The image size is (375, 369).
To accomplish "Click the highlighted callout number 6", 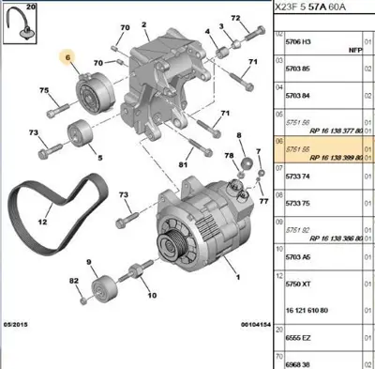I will tap(67, 57).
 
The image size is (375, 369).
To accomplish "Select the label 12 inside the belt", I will tap(43, 223).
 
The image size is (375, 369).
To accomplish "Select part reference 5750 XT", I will tap(298, 280).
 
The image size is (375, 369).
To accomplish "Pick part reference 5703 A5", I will tap(298, 253).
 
